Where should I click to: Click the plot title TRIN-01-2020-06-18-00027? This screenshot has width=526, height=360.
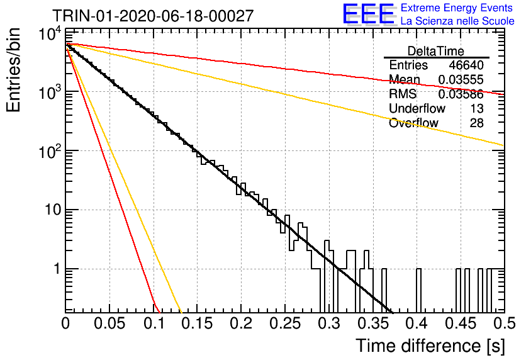[x=153, y=16]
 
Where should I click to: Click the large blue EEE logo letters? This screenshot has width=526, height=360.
[x=368, y=14]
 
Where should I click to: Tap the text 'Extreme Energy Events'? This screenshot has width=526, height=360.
[x=457, y=8]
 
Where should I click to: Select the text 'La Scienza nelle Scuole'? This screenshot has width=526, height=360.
[x=457, y=21]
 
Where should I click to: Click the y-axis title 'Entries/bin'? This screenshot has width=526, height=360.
[x=14, y=70]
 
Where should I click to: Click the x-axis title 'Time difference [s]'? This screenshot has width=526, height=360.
[x=430, y=346]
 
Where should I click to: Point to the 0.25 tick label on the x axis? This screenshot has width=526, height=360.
[x=285, y=323]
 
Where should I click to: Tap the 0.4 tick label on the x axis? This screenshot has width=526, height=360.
[x=417, y=323]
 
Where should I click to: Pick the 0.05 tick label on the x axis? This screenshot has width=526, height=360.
[x=109, y=323]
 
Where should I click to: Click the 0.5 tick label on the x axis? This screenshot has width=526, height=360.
[x=504, y=323]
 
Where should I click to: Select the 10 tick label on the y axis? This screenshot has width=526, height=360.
[x=53, y=210]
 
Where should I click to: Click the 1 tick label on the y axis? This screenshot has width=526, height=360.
[x=57, y=269]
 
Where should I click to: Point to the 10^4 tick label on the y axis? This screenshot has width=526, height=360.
[x=50, y=33]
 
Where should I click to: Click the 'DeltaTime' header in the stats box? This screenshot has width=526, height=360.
[x=436, y=52]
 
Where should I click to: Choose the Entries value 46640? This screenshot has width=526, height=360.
[x=466, y=65]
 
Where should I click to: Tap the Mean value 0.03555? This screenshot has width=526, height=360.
[x=461, y=80]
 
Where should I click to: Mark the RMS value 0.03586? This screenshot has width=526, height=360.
[x=461, y=94]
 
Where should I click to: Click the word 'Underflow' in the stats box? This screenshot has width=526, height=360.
[x=417, y=109]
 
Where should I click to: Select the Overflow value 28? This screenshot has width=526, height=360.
[x=477, y=123]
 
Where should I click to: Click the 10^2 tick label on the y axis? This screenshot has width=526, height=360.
[x=50, y=152]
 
